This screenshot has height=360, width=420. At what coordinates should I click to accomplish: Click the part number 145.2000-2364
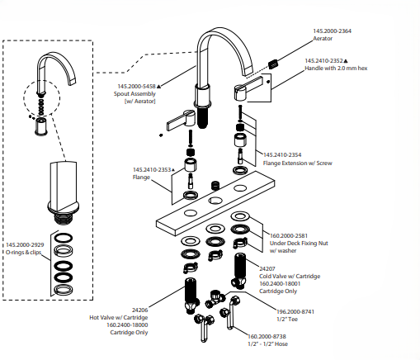pyautogui.click(x=332, y=31)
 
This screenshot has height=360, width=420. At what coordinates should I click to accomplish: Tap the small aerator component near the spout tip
pyautogui.click(x=273, y=64)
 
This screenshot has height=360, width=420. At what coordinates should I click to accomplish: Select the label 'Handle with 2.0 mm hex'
pyautogui.click(x=336, y=68)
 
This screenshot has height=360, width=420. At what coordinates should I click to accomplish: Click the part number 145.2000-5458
pyautogui.click(x=137, y=87)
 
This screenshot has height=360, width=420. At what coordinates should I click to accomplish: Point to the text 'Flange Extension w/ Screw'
pyautogui.click(x=297, y=163)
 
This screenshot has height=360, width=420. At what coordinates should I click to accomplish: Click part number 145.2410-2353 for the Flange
pyautogui.click(x=152, y=170)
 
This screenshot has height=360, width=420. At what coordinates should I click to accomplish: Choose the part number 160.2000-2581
pyautogui.click(x=289, y=236)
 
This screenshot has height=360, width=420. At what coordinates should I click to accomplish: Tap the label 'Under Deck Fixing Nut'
pyautogui.click(x=299, y=244)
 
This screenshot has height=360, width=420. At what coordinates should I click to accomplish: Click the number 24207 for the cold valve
pyautogui.click(x=267, y=268)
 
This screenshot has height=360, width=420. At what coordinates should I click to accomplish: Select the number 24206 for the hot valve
pyautogui.click(x=139, y=310)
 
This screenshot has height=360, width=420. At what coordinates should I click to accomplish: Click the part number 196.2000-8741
pyautogui.click(x=295, y=312)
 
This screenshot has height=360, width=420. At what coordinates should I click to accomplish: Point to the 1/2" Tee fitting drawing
pyautogui.click(x=215, y=299)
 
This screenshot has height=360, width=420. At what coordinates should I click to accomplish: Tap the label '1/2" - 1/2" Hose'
pyautogui.click(x=267, y=344)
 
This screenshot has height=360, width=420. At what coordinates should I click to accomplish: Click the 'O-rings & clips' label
pyautogui.click(x=23, y=253)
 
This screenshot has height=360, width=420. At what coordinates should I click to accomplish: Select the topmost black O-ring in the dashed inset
pyautogui.click(x=64, y=238)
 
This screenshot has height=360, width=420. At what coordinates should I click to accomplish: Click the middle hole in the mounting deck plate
pyautogui.click(x=215, y=201)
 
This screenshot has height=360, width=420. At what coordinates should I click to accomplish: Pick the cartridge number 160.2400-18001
pyautogui.click(x=280, y=284)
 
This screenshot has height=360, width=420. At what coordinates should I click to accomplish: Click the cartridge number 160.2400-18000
pyautogui.click(x=127, y=325)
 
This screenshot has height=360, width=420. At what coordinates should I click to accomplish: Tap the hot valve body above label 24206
pyautogui.click(x=191, y=296)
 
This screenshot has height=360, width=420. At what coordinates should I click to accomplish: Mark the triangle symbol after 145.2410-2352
pyautogui.click(x=346, y=61)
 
